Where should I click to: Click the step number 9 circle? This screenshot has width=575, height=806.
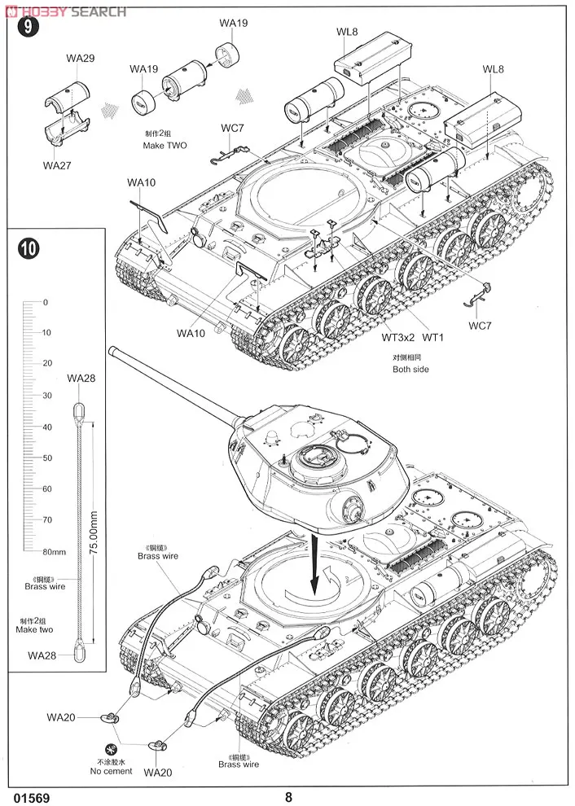pos(30,27)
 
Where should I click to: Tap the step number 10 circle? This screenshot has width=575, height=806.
pos(29,248)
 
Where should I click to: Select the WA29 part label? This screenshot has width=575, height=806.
pos(81,59)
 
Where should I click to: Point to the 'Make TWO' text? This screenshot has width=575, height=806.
pos(165,145)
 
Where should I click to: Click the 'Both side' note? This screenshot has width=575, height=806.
pos(410,369)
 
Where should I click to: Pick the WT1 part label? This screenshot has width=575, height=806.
pos(432,337)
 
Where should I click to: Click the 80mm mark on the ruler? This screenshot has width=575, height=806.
pos(55,551)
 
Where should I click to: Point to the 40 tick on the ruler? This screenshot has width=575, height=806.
pos(46,427)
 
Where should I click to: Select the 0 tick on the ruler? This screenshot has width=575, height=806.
pos(46,302)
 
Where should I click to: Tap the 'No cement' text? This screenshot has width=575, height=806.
pos(112,771)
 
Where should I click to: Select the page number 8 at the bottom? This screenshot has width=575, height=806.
pos(287,797)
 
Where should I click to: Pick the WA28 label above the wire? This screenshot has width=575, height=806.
pos(81,378)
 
